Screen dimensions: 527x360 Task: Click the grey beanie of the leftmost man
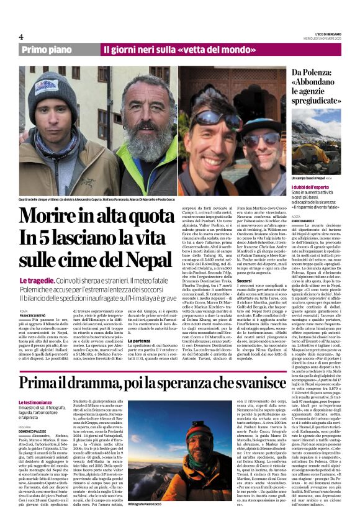pos(52,87)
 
